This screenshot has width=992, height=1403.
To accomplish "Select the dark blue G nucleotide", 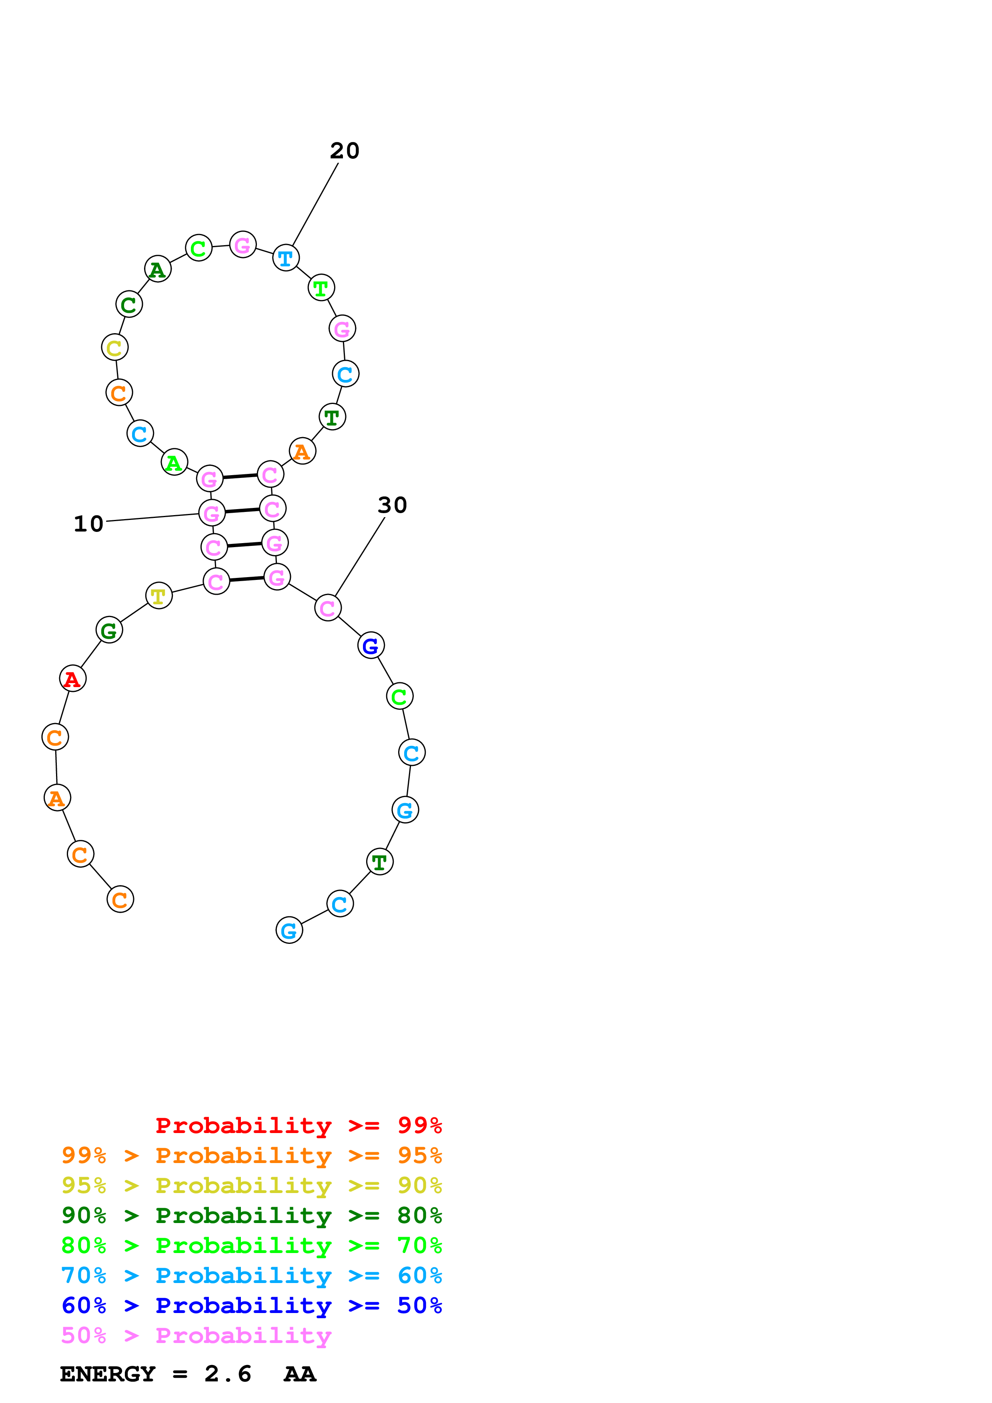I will (x=371, y=645).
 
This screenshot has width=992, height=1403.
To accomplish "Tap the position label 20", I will (x=345, y=151).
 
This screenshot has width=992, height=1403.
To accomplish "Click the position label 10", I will (x=88, y=524).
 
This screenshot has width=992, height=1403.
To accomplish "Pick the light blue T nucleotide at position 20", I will (x=285, y=258).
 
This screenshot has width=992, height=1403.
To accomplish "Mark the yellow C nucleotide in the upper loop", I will (x=114, y=348).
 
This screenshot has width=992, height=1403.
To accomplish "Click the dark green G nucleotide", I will (x=109, y=630).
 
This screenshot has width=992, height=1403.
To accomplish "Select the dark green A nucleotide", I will (x=158, y=269).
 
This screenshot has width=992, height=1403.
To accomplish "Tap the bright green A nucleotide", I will (x=174, y=463).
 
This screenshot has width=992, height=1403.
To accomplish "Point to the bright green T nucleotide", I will (x=321, y=288).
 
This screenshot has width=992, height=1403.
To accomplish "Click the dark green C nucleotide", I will (x=129, y=304).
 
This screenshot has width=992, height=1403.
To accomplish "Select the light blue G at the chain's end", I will (x=289, y=930).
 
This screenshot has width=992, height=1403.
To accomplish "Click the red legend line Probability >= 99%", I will (x=298, y=1125).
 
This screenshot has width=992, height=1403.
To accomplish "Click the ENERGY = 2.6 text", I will (x=155, y=1374).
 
